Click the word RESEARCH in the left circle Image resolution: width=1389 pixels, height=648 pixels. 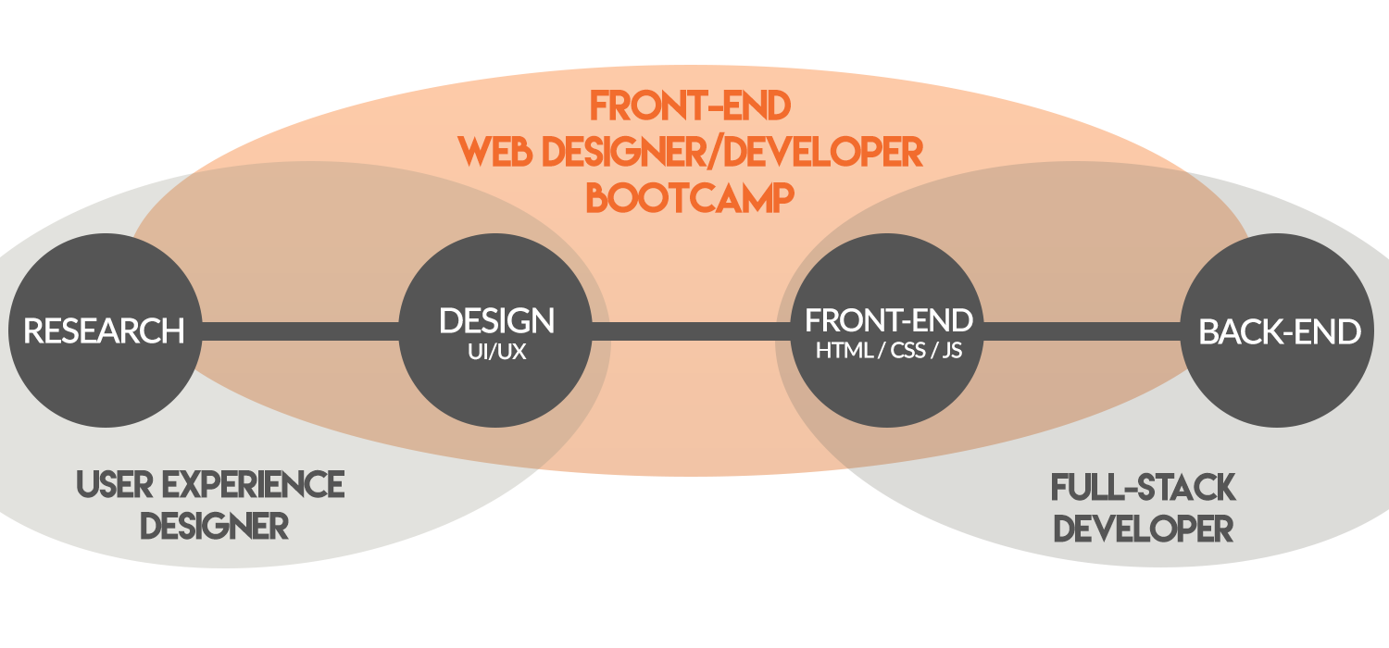104,330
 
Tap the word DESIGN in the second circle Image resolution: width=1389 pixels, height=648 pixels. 496,320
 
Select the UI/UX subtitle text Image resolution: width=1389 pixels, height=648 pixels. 496,352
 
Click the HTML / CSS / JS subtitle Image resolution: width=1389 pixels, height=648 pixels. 889,350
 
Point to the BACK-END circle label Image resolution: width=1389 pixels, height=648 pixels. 1279,331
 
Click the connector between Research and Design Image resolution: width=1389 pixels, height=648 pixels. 300,330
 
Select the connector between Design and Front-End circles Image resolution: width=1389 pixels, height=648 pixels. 692,330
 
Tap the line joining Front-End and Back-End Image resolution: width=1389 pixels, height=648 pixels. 1082,330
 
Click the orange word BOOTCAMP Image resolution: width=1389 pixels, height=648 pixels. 690,198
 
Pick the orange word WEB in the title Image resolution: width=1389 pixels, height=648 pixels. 494,152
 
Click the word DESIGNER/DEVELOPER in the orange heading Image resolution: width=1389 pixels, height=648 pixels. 732,152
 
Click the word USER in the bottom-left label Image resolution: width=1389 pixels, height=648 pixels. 114,484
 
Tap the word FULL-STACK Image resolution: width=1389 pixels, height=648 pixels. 1143,488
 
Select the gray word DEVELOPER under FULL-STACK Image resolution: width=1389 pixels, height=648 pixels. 1143,529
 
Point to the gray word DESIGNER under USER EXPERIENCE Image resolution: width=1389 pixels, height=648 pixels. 214,526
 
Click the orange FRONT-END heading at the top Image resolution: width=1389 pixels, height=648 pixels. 690,106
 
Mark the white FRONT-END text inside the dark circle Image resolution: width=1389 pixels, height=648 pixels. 889,320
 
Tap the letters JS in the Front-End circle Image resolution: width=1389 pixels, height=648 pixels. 953,350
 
